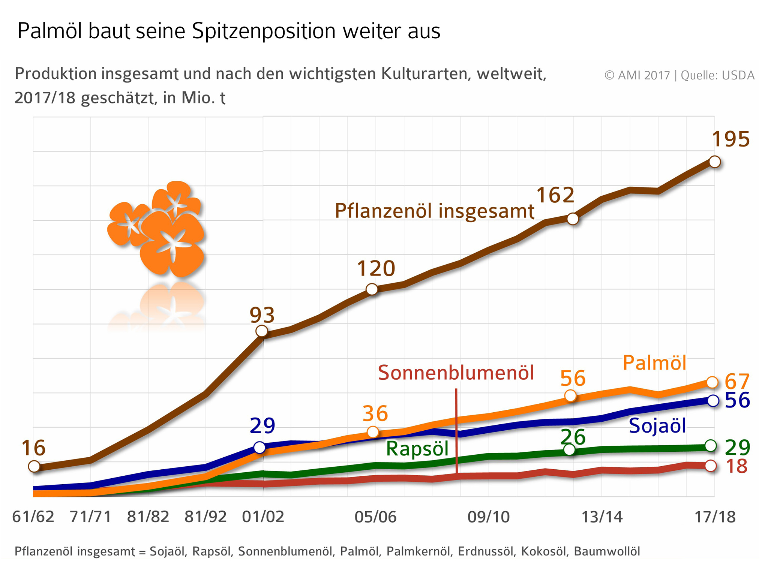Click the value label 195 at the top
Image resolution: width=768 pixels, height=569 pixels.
(x=730, y=139)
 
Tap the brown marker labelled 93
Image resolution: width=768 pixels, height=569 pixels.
(x=262, y=331)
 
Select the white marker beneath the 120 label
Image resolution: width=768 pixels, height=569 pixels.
(x=372, y=289)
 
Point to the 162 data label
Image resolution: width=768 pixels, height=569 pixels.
(x=555, y=195)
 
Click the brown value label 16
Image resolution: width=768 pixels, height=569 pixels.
(x=33, y=448)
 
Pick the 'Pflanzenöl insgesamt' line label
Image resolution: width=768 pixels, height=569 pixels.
(x=434, y=211)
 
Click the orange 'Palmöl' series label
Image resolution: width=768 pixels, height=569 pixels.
(x=654, y=363)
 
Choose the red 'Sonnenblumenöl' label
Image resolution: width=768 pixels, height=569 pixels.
(x=456, y=373)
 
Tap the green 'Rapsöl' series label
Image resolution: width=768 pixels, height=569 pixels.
(x=417, y=449)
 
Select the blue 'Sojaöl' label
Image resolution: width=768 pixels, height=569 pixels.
(x=657, y=426)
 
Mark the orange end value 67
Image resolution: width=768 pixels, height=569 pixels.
(x=737, y=382)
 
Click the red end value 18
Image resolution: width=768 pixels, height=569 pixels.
(x=736, y=466)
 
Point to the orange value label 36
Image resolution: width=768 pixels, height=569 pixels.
(x=375, y=414)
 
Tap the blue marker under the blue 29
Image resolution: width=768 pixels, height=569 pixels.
(x=259, y=447)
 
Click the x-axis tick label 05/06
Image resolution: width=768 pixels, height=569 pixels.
(x=375, y=517)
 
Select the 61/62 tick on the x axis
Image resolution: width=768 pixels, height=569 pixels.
(x=33, y=517)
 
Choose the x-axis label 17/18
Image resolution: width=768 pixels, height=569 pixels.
(x=715, y=517)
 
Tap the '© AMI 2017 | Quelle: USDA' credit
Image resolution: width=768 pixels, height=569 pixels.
(x=679, y=75)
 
